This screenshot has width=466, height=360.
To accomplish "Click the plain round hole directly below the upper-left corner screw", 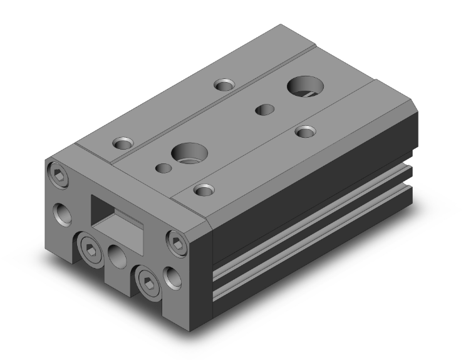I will click(63, 213).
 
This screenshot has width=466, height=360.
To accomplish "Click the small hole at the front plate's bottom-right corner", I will click(170, 275).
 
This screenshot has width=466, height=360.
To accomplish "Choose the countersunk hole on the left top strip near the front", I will click(123, 143).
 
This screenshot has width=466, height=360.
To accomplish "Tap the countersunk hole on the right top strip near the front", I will click(202, 188).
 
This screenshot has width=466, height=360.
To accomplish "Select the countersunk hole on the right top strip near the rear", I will click(305, 131).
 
